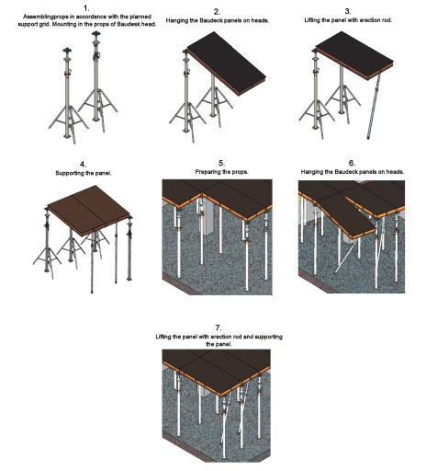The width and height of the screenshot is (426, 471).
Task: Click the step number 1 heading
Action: tap(86, 8)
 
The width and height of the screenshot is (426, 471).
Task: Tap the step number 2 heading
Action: tap(217, 12)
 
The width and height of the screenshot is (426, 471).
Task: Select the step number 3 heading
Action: tap(348, 12)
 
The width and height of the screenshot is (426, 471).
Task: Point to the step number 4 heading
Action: tap(84, 165)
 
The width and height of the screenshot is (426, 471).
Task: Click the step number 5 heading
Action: tap(221, 163)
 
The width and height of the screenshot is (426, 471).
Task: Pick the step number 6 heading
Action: tap(352, 163)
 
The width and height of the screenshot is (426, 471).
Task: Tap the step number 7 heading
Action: tap(219, 328)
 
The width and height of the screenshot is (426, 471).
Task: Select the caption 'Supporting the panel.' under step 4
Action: tap(84, 173)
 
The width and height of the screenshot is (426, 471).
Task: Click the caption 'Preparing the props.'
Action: tap(221, 172)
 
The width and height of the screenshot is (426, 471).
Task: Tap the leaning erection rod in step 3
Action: tap(374, 106)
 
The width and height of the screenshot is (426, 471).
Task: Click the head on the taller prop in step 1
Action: tap(96, 33)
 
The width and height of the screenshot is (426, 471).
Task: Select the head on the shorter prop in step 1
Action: tap(67, 51)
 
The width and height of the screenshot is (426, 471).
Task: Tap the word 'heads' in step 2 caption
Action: tap(261, 21)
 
